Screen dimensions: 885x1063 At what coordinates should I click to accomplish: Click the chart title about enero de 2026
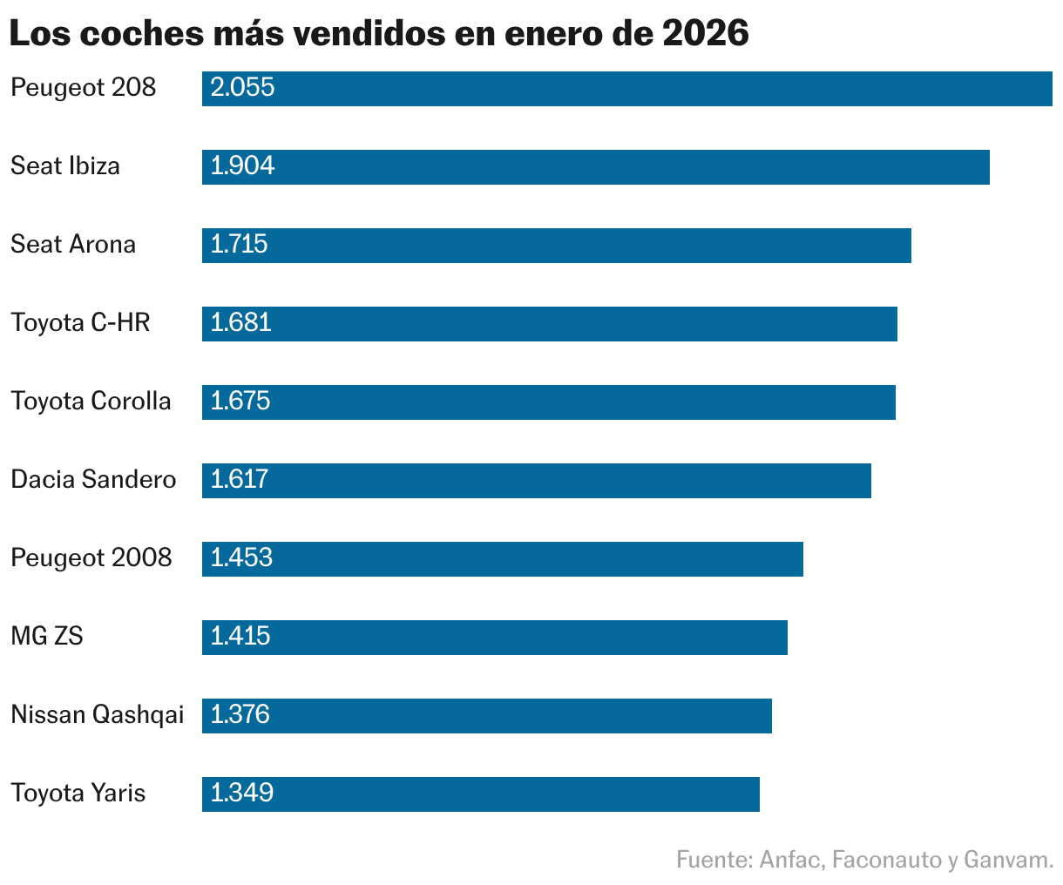coord(379,33)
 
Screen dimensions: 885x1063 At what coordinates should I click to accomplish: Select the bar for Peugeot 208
coord(627,88)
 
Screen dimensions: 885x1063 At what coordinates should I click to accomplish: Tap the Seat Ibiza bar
coord(596,166)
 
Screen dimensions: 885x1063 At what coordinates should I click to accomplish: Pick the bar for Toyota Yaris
coord(481,794)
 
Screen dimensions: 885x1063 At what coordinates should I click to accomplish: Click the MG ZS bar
coord(495,637)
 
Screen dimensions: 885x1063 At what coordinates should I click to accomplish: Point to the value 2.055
coord(242,87)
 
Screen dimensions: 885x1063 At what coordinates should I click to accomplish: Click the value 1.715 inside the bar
coord(239,244)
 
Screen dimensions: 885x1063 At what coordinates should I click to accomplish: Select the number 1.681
coord(240,322)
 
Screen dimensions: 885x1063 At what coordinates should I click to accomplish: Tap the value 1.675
coord(240,401)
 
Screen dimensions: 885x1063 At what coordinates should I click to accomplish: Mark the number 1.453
coord(241,557)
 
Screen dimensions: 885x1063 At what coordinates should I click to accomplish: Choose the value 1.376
coord(240,714)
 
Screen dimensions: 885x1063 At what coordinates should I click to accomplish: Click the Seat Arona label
coord(73,244)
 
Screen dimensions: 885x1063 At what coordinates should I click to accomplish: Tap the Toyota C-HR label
coord(80,322)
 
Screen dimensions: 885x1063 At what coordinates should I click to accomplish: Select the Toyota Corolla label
coord(91,401)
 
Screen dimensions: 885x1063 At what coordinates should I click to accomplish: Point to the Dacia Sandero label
coord(93,479)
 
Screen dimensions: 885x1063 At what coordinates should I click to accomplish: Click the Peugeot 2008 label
coord(91,557)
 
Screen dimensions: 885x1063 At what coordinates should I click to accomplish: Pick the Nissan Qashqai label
coord(98,715)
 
